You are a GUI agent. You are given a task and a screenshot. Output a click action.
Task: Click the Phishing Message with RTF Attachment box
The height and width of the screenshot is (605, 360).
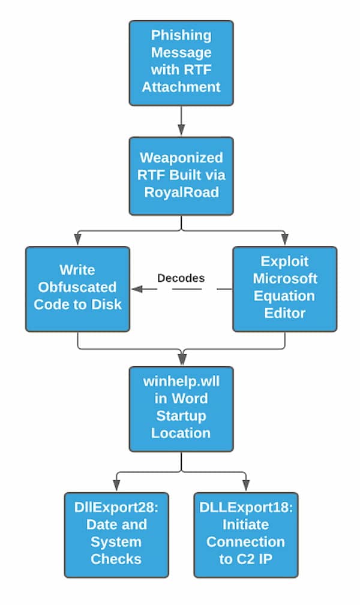[181, 62]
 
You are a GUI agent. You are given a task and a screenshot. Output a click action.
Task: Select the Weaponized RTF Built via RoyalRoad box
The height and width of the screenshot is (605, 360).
[181, 175]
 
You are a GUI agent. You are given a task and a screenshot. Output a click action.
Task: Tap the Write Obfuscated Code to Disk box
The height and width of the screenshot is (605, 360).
[77, 288]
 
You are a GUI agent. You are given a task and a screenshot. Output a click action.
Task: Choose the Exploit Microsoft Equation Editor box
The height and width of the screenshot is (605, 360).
[284, 288]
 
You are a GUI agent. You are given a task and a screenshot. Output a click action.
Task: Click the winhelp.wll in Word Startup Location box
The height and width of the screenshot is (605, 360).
[181, 408]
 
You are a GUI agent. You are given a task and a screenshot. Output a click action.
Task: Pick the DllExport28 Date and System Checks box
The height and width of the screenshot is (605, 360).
[116, 534]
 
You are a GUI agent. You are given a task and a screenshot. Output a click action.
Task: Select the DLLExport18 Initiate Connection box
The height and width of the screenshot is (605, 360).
[246, 534]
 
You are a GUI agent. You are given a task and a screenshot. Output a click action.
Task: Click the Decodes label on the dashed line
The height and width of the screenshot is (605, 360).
[181, 278]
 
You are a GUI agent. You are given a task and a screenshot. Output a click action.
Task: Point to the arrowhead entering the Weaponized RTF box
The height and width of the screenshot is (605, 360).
[181, 131]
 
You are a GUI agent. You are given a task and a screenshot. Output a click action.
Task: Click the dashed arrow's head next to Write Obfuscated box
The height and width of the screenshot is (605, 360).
[136, 289]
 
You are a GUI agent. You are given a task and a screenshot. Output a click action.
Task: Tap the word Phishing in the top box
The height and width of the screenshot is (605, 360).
[181, 35]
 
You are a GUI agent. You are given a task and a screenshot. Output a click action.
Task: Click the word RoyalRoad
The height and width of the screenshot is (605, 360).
[181, 192]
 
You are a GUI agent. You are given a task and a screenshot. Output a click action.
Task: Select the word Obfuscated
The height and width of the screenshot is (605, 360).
[77, 287]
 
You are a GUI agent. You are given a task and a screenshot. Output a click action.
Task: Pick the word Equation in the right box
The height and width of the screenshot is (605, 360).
[284, 296]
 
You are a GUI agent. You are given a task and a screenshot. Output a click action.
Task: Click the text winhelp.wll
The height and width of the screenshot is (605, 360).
[181, 381]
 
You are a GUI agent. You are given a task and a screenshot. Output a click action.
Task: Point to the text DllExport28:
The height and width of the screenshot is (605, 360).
[116, 507]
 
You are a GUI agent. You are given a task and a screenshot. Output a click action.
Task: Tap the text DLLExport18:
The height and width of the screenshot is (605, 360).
[246, 507]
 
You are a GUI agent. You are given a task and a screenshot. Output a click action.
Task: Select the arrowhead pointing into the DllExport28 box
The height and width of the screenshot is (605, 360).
[116, 486]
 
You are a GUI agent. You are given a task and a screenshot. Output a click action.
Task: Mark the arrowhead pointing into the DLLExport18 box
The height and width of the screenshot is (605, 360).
[246, 486]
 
